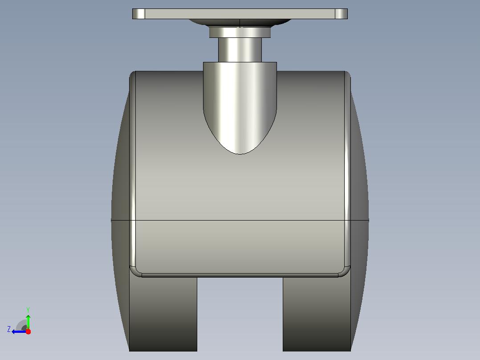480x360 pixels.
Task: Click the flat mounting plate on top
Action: point(240,14)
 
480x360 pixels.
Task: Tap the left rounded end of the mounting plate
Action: point(138,14)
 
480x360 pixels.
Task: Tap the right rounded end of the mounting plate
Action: point(342,14)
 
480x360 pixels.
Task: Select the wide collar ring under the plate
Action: point(240,33)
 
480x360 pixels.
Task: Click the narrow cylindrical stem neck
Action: point(240,50)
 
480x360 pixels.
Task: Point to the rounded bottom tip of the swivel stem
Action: point(240,153)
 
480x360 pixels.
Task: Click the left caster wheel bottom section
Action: point(163,314)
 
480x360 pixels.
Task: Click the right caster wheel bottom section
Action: point(317,314)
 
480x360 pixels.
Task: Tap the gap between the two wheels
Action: point(240,314)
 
